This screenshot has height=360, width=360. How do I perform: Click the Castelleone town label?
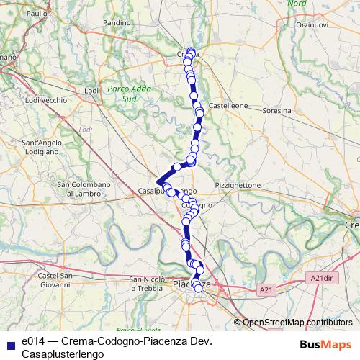tap(228, 105)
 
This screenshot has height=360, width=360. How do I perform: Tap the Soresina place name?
tap(277, 111)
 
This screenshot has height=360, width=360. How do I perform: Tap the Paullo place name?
tap(36, 14)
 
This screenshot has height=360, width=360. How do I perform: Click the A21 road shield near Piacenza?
tap(267, 289)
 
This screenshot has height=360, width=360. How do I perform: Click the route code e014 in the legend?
tap(33, 340)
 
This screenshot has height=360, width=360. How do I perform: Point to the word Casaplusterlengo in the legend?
tap(62, 354)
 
